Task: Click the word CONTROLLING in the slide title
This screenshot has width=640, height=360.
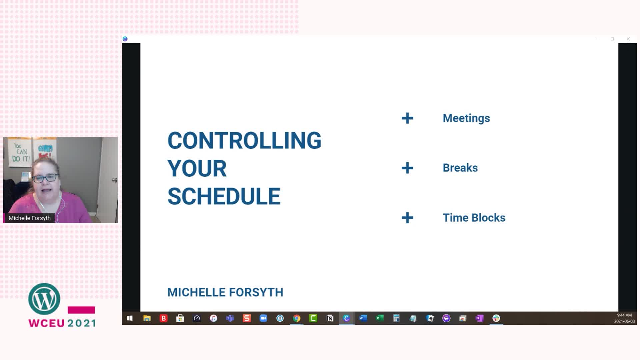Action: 244,140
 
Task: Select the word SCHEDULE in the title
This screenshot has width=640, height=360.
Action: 224,196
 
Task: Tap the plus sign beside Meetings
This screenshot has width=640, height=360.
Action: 407,118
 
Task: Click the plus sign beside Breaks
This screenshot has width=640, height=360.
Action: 407,168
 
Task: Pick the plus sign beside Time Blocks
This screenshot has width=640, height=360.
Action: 407,218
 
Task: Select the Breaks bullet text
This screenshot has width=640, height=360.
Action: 460,168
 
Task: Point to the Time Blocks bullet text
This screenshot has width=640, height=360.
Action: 474,218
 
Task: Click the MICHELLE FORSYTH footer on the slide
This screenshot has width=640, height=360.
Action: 225,292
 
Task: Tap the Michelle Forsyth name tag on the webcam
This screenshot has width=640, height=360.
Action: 30,218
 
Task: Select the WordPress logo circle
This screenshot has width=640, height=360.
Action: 44,299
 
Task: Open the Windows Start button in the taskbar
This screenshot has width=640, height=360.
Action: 130,318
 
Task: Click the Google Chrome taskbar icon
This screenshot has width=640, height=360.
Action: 297,318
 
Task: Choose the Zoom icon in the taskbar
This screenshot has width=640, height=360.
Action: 263,318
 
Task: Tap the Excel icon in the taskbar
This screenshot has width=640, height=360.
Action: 380,318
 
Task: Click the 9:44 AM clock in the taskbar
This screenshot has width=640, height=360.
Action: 624,315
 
